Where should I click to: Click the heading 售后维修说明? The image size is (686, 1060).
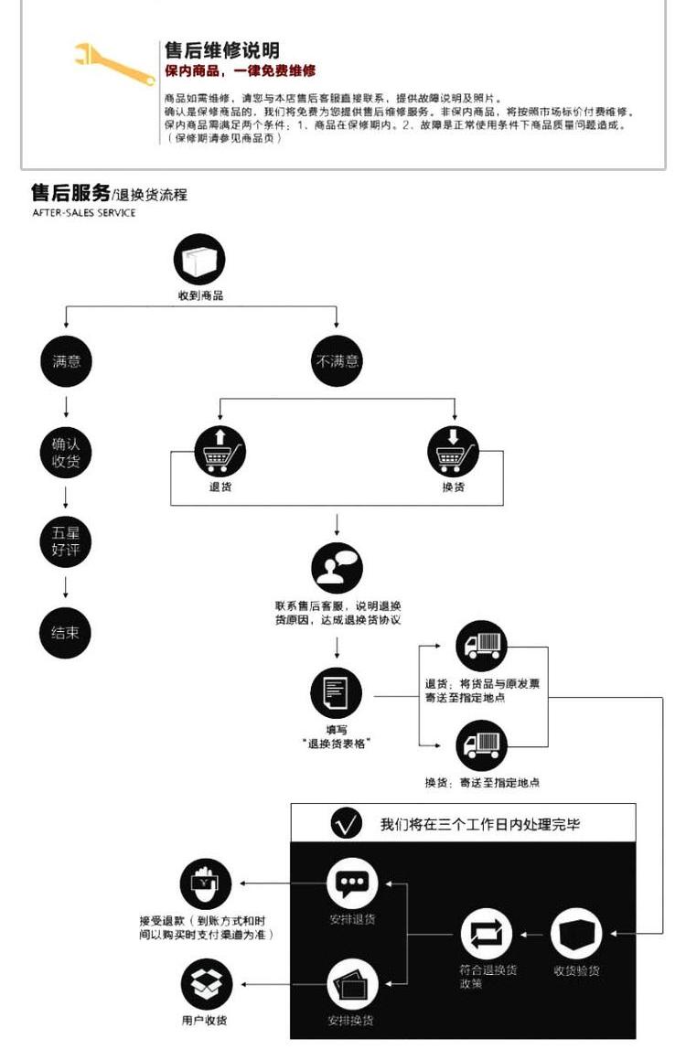[221, 50]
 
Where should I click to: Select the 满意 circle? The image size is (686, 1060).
[66, 361]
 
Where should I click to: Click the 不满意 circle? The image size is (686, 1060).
[338, 361]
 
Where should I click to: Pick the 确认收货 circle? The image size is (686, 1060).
[66, 453]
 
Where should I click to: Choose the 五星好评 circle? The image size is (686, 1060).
[66, 541]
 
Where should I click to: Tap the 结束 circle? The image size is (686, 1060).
[66, 631]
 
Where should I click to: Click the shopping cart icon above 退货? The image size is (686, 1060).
[220, 451]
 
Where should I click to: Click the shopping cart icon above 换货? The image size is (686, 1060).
[454, 451]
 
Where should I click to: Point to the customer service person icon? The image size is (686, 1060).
[338, 568]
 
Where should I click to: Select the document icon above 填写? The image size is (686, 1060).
[337, 693]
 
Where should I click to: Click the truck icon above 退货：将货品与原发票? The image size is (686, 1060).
[481, 646]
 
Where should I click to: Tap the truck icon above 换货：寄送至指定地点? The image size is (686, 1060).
[481, 745]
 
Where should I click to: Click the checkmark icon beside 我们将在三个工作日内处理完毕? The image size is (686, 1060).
[346, 824]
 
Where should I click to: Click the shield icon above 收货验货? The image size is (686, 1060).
[576, 934]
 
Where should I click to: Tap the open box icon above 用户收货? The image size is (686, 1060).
[206, 984]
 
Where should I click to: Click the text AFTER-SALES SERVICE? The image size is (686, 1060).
[84, 213]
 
